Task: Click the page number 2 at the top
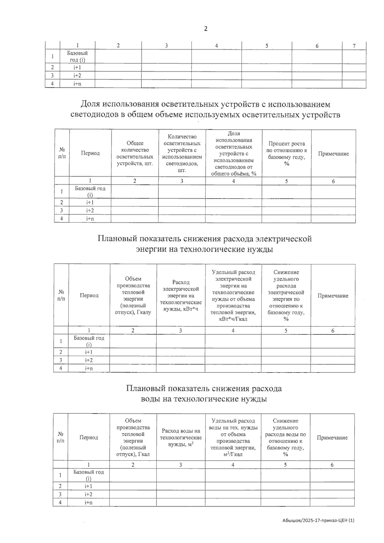coord(205,29)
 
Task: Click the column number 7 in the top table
coord(354,46)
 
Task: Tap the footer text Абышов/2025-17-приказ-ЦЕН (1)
coord(318,521)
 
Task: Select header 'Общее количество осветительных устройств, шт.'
coord(135,153)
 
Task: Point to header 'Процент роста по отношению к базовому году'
coord(286,154)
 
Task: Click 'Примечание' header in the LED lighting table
coord(333,154)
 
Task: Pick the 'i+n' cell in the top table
coord(77,84)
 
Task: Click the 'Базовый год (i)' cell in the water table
coord(89,475)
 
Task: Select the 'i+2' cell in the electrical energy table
coord(89,360)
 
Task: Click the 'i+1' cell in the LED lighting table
coord(90,202)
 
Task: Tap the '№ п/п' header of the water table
coord(60,437)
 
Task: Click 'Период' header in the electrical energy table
coord(89,295)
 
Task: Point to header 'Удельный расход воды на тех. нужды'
coord(233,437)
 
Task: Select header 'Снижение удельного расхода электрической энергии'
coord(286,296)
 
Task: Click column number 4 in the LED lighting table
coord(233,181)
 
